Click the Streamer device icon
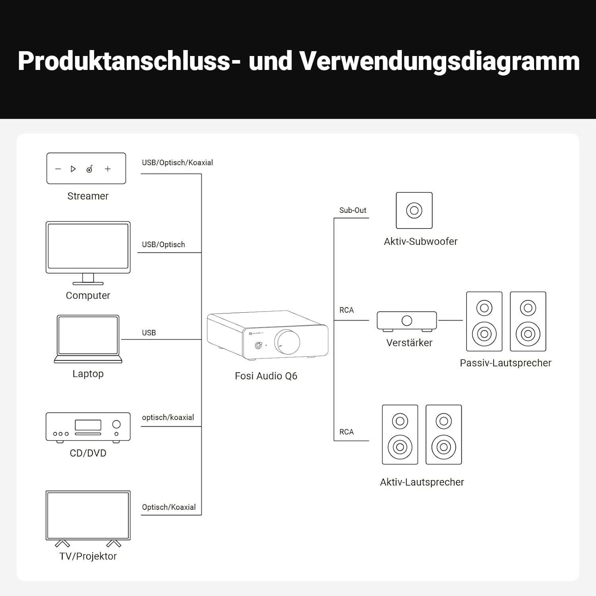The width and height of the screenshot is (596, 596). pyautogui.click(x=86, y=168)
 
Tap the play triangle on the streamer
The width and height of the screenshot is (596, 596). pyautogui.click(x=73, y=169)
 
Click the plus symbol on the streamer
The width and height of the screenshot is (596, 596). pyautogui.click(x=108, y=169)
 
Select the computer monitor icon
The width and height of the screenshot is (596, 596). pyautogui.click(x=88, y=248)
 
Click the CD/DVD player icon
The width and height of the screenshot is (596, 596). pyautogui.click(x=88, y=427)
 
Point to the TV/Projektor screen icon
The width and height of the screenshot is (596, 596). pyautogui.click(x=88, y=515)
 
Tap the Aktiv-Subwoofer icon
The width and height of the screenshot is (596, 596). pyautogui.click(x=414, y=210)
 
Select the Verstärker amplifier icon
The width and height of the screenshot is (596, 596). pyautogui.click(x=406, y=321)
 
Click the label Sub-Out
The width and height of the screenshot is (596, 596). pyautogui.click(x=353, y=210)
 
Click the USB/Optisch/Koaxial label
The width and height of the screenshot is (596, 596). pyautogui.click(x=177, y=163)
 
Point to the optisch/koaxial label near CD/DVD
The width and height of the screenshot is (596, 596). pyautogui.click(x=168, y=417)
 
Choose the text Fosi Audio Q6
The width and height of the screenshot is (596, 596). pyautogui.click(x=266, y=376)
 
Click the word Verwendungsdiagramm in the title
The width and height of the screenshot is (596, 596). pyautogui.click(x=439, y=61)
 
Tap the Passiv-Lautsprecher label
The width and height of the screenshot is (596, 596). pyautogui.click(x=505, y=363)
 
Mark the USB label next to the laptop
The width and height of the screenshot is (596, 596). pyautogui.click(x=149, y=333)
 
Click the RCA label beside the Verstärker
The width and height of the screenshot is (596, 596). pyautogui.click(x=346, y=310)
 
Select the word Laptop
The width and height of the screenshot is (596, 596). pyautogui.click(x=88, y=374)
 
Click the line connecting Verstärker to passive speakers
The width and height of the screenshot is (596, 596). pyautogui.click(x=451, y=320)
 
